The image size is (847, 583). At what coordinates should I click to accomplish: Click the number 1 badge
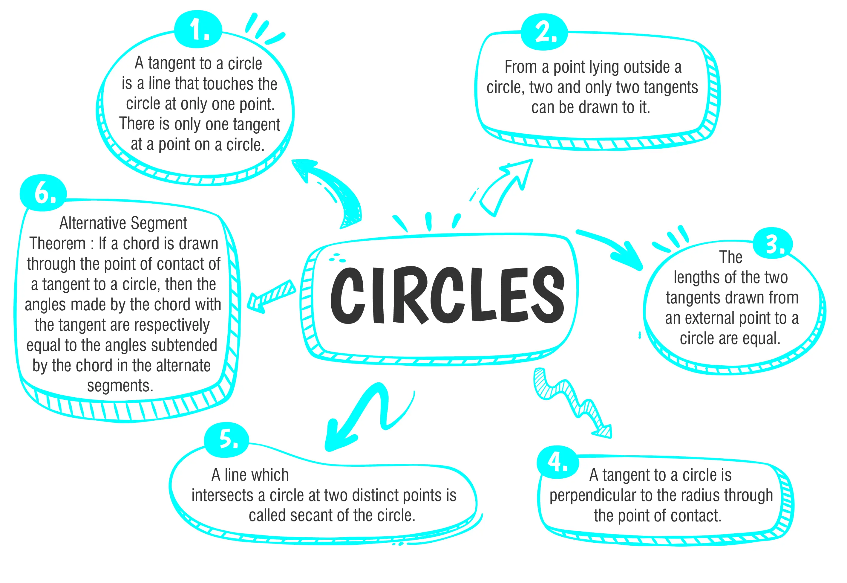[198, 30]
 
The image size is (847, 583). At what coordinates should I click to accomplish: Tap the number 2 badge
[544, 32]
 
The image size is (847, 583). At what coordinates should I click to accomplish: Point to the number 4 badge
[557, 463]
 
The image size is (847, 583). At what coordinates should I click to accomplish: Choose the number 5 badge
[227, 439]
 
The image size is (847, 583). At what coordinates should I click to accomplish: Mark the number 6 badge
[44, 193]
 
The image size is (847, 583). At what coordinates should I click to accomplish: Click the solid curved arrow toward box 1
[330, 190]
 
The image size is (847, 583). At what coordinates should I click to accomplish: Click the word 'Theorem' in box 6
[58, 244]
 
